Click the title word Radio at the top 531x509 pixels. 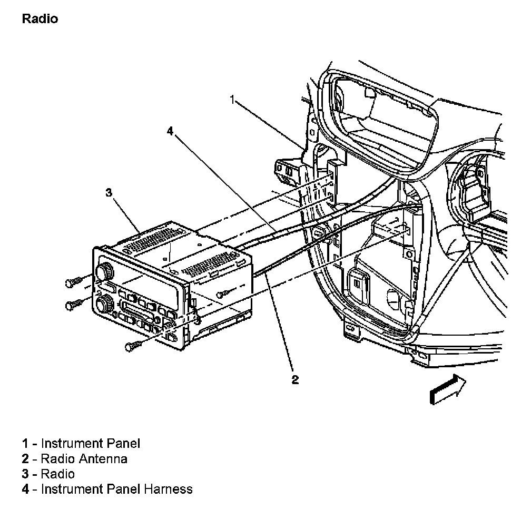(40, 19)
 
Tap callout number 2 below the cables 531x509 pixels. (296, 379)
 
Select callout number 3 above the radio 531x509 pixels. (109, 193)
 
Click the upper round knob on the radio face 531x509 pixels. (105, 272)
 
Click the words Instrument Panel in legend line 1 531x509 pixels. (91, 443)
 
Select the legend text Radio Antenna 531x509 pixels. (84, 458)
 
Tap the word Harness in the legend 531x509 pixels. (168, 489)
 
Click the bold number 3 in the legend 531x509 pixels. (25, 474)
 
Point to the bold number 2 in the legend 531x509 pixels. (25, 458)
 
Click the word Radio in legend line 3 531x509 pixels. (58, 474)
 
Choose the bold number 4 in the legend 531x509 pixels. (25, 489)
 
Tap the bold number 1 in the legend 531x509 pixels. (25, 443)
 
